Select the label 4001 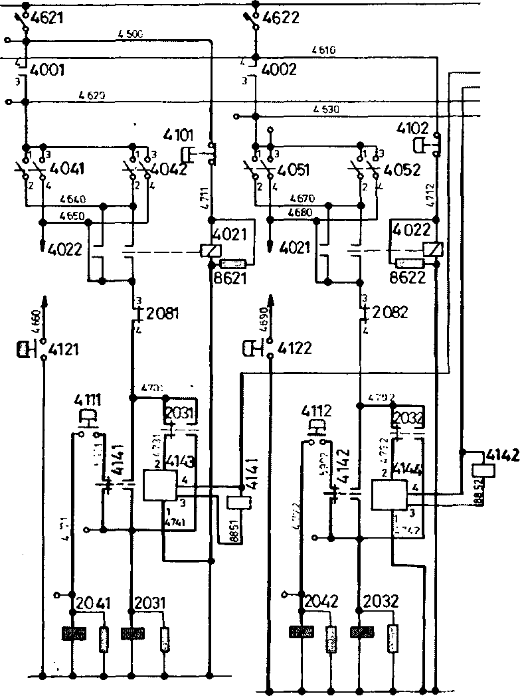coord(47,70)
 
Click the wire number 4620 coord(91,96)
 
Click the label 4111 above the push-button coord(87,401)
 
